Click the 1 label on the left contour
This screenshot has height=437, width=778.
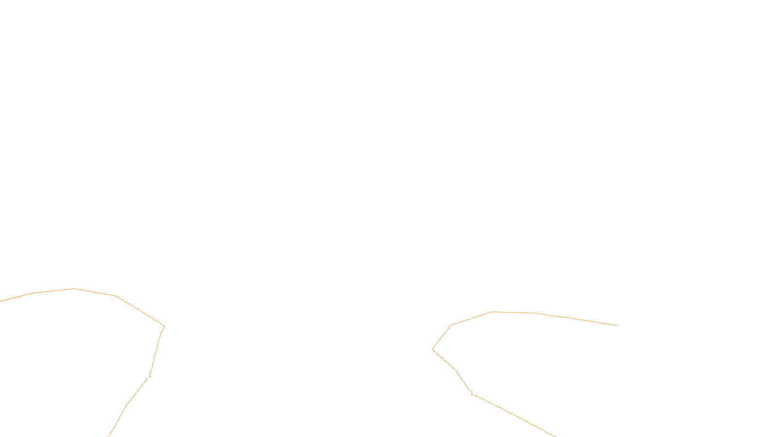point(150,375)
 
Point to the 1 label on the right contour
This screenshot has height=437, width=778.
point(472,393)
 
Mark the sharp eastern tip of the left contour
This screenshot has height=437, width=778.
point(164,327)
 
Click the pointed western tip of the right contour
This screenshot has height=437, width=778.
point(432,349)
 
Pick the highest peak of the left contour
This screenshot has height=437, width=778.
point(74,289)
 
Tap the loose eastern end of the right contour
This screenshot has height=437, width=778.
point(617,325)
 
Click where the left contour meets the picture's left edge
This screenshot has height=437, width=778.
point(1,301)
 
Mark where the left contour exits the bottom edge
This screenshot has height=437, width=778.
point(109,436)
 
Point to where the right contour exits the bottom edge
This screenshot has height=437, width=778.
point(555,436)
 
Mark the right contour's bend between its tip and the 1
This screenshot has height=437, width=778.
point(455,370)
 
